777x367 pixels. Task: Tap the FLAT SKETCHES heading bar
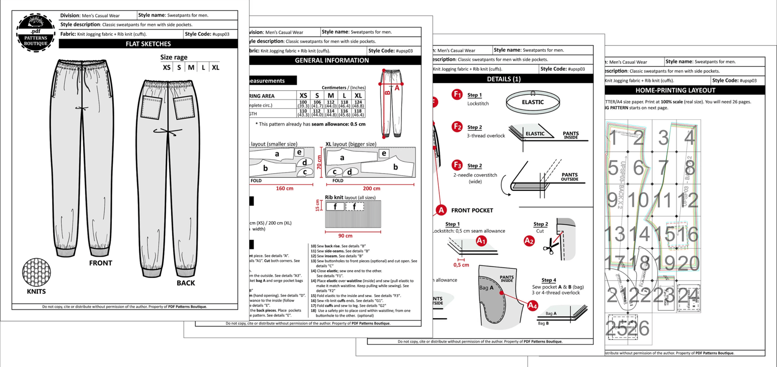[148, 44]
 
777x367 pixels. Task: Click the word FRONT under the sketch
[100, 263]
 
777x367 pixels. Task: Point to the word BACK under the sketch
[185, 283]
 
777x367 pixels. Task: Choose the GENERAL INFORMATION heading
[332, 61]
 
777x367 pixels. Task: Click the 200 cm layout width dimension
[371, 188]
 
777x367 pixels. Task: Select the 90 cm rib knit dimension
[345, 235]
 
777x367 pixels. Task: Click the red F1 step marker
[457, 95]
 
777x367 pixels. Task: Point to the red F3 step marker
[457, 165]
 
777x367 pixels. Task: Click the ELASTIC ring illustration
[533, 103]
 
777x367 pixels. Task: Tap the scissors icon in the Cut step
[549, 248]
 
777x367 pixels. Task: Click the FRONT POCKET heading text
[472, 210]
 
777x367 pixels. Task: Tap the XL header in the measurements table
[357, 96]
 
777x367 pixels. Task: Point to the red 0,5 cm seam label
[461, 265]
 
